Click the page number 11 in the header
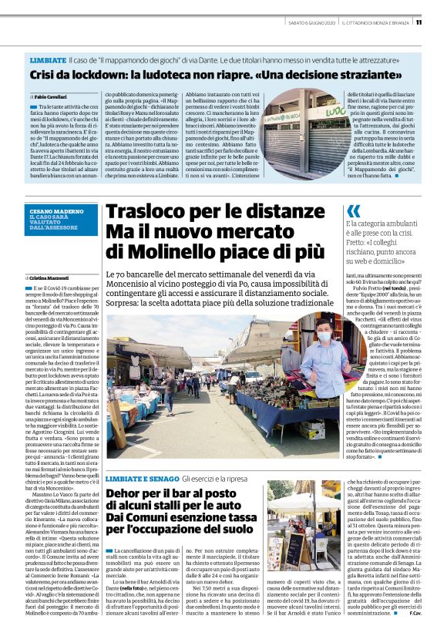(x=439, y=22)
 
